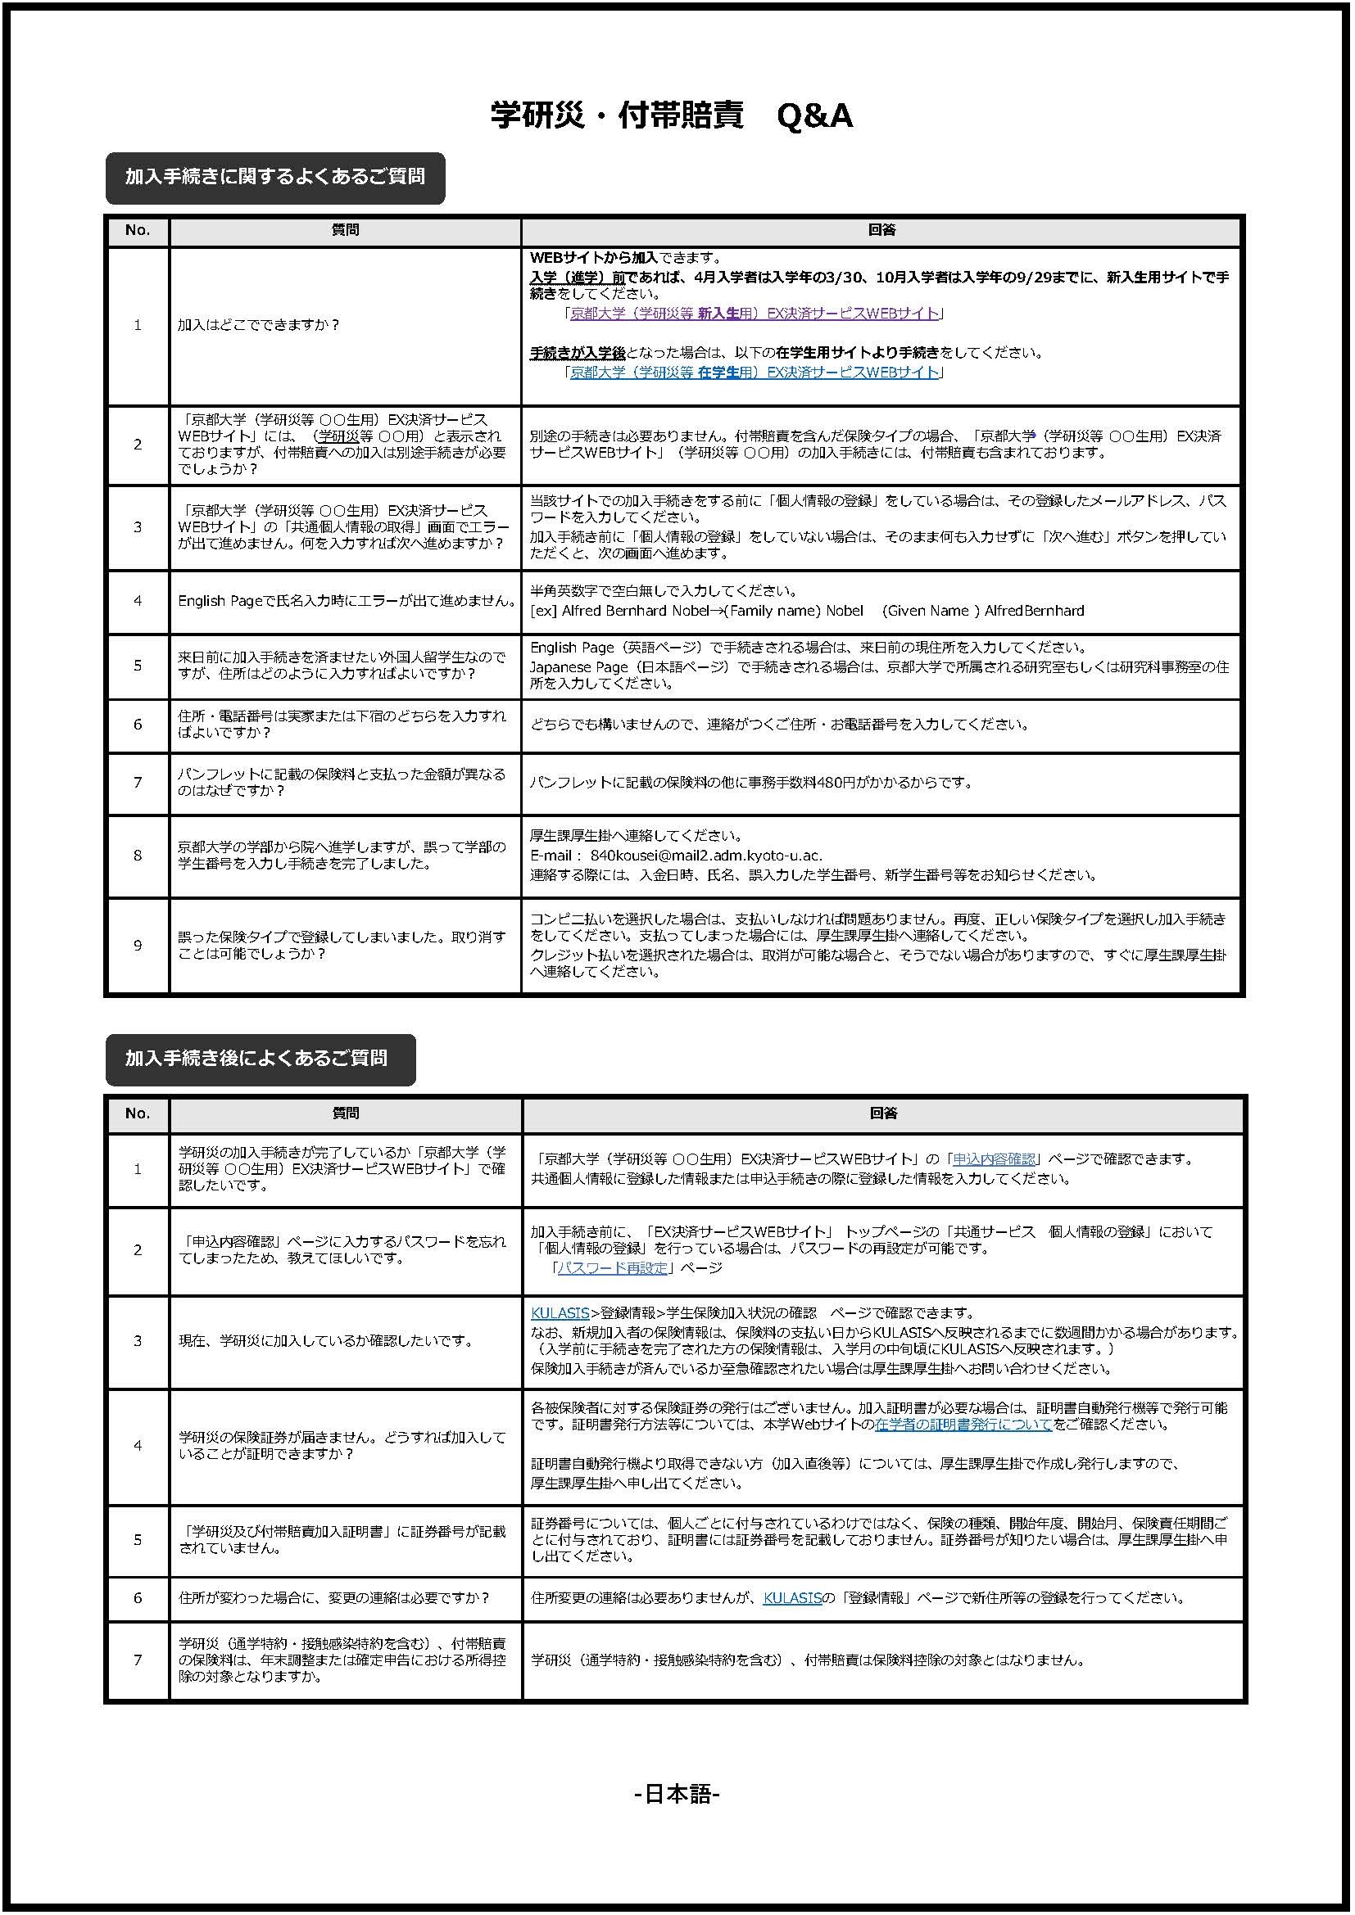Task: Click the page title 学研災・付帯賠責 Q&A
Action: pyautogui.click(x=672, y=116)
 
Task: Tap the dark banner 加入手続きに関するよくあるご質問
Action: pyautogui.click(x=274, y=177)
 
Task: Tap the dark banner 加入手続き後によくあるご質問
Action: pyautogui.click(x=260, y=1059)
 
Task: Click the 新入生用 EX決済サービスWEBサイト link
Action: pyautogui.click(x=755, y=314)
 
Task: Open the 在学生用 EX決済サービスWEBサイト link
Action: pyautogui.click(x=755, y=372)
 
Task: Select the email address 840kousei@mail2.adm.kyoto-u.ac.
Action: pyautogui.click(x=706, y=855)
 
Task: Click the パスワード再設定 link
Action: pyautogui.click(x=613, y=1267)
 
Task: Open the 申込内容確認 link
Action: pyautogui.click(x=994, y=1158)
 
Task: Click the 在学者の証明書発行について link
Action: pyautogui.click(x=963, y=1425)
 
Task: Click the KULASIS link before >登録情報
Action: pyautogui.click(x=560, y=1312)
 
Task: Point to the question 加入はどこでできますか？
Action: pyautogui.click(x=259, y=325)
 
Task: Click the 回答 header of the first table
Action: pyautogui.click(x=881, y=230)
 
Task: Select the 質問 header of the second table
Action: pyautogui.click(x=346, y=1113)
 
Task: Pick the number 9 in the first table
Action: pyautogui.click(x=138, y=945)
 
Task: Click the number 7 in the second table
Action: pyautogui.click(x=138, y=1660)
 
